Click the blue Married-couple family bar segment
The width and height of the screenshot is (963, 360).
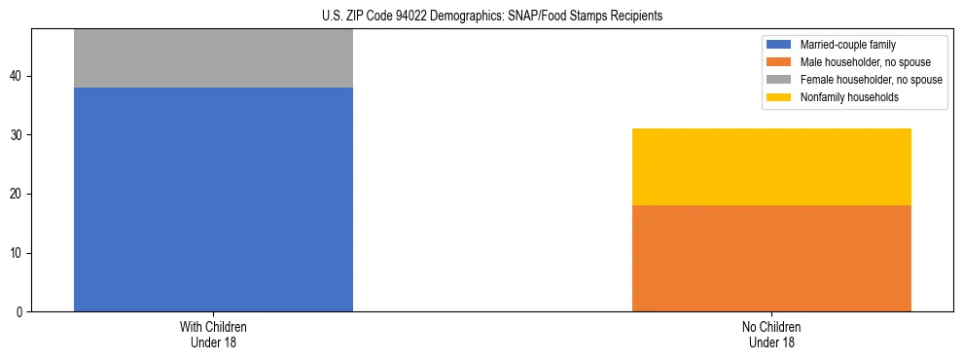click(213, 199)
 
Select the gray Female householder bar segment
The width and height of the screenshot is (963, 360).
click(213, 58)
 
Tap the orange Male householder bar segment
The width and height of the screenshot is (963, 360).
click(771, 258)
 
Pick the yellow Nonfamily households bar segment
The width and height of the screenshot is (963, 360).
click(771, 166)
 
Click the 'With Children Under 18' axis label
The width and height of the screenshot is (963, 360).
click(213, 334)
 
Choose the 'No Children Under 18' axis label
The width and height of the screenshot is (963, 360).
click(771, 334)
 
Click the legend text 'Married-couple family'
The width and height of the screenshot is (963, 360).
click(846, 45)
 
